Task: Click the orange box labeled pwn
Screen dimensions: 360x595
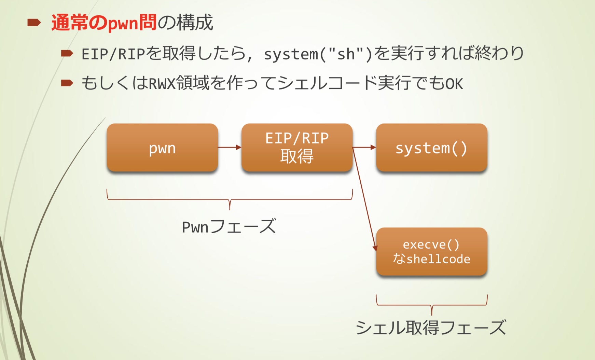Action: point(162,148)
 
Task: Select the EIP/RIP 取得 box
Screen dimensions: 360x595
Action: point(297,148)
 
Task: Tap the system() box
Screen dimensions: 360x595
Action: point(431,148)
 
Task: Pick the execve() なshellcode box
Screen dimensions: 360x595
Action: point(431,252)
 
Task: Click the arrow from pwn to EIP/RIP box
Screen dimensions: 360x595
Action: point(230,148)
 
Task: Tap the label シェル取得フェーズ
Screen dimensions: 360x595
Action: point(431,328)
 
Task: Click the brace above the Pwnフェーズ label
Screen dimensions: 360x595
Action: point(230,200)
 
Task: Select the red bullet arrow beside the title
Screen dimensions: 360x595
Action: point(34,23)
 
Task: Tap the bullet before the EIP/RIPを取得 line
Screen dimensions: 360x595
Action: point(67,53)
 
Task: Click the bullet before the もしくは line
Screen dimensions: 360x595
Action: point(67,83)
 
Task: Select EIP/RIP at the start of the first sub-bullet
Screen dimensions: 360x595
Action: point(113,54)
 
